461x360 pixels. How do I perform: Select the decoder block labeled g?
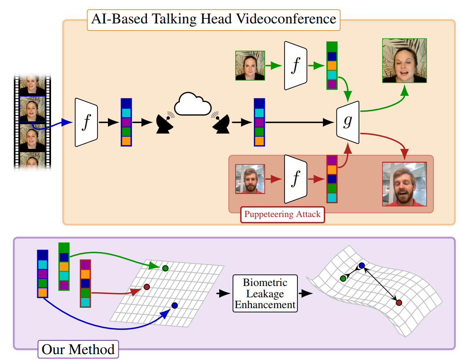(x=348, y=121)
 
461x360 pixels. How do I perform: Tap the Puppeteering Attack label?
(x=282, y=215)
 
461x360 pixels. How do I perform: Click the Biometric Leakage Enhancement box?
(x=264, y=294)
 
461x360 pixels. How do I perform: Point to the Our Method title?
(x=78, y=350)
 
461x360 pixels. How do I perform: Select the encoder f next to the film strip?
(x=87, y=123)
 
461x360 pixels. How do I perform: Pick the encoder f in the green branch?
(x=296, y=66)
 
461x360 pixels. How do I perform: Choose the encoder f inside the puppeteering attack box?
(x=296, y=179)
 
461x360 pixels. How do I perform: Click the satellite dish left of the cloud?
(x=165, y=123)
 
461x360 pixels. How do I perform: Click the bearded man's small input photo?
(x=250, y=179)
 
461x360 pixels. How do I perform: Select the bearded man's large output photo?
(x=405, y=184)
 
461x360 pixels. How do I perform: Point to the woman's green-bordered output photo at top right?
(x=404, y=61)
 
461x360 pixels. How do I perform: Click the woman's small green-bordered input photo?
(x=250, y=66)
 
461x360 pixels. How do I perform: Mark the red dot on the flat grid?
(x=147, y=287)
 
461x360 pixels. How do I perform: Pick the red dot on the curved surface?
(x=399, y=302)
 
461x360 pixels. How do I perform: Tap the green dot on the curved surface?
(x=343, y=278)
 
